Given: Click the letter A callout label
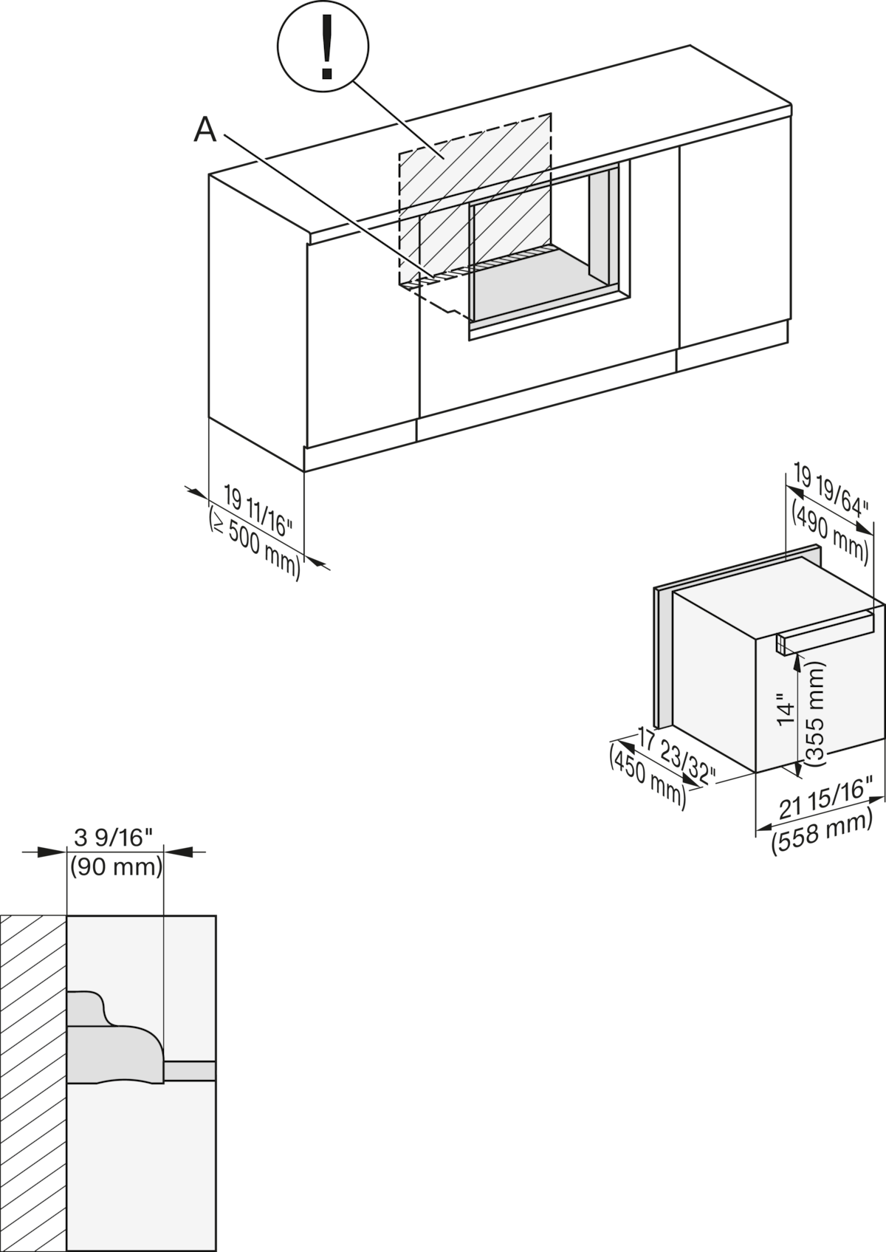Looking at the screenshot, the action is (x=205, y=130).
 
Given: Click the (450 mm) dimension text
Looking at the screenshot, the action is (x=648, y=773).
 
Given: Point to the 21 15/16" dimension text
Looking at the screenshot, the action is (x=825, y=804).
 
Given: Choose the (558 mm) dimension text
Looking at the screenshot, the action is (x=822, y=834).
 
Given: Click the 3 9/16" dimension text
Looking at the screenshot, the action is (x=113, y=838).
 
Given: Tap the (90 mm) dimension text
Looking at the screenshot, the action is (x=117, y=867).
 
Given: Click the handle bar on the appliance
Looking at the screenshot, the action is (x=824, y=632).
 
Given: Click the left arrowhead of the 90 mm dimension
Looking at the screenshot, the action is (x=52, y=852).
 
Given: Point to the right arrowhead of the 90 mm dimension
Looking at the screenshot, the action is (x=178, y=852).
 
